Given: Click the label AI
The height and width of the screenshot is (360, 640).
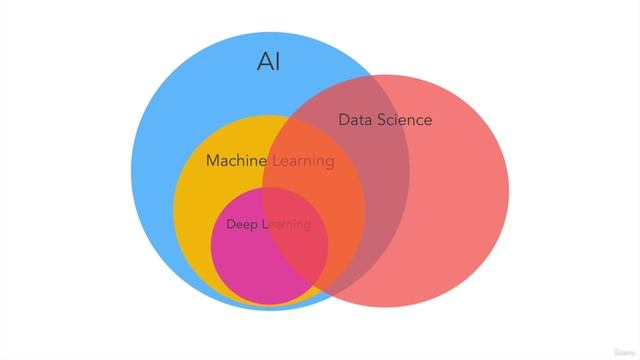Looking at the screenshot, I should point(268,62).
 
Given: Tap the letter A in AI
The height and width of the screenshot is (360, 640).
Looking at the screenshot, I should point(263,62).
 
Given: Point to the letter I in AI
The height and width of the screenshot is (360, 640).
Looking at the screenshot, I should point(277,62).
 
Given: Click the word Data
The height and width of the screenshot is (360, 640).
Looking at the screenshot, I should point(354,120).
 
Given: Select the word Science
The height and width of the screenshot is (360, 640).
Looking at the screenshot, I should point(404,120).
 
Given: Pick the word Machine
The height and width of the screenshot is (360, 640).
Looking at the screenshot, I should point(235,160).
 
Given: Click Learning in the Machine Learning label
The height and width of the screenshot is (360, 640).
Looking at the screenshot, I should point(302,160).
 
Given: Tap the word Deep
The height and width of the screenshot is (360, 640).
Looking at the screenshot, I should point(242,224).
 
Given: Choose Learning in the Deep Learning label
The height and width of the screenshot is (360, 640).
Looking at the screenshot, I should point(287,224).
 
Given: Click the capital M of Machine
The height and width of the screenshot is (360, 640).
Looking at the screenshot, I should point(212,160).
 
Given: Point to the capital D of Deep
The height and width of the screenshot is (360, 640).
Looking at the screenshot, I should point(231,224).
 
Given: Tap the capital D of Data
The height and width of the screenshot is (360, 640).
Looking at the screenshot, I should point(343,120).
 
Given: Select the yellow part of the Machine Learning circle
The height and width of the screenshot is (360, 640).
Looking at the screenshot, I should point(200,200).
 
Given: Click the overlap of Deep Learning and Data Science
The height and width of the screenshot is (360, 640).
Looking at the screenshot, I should point(300,255).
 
